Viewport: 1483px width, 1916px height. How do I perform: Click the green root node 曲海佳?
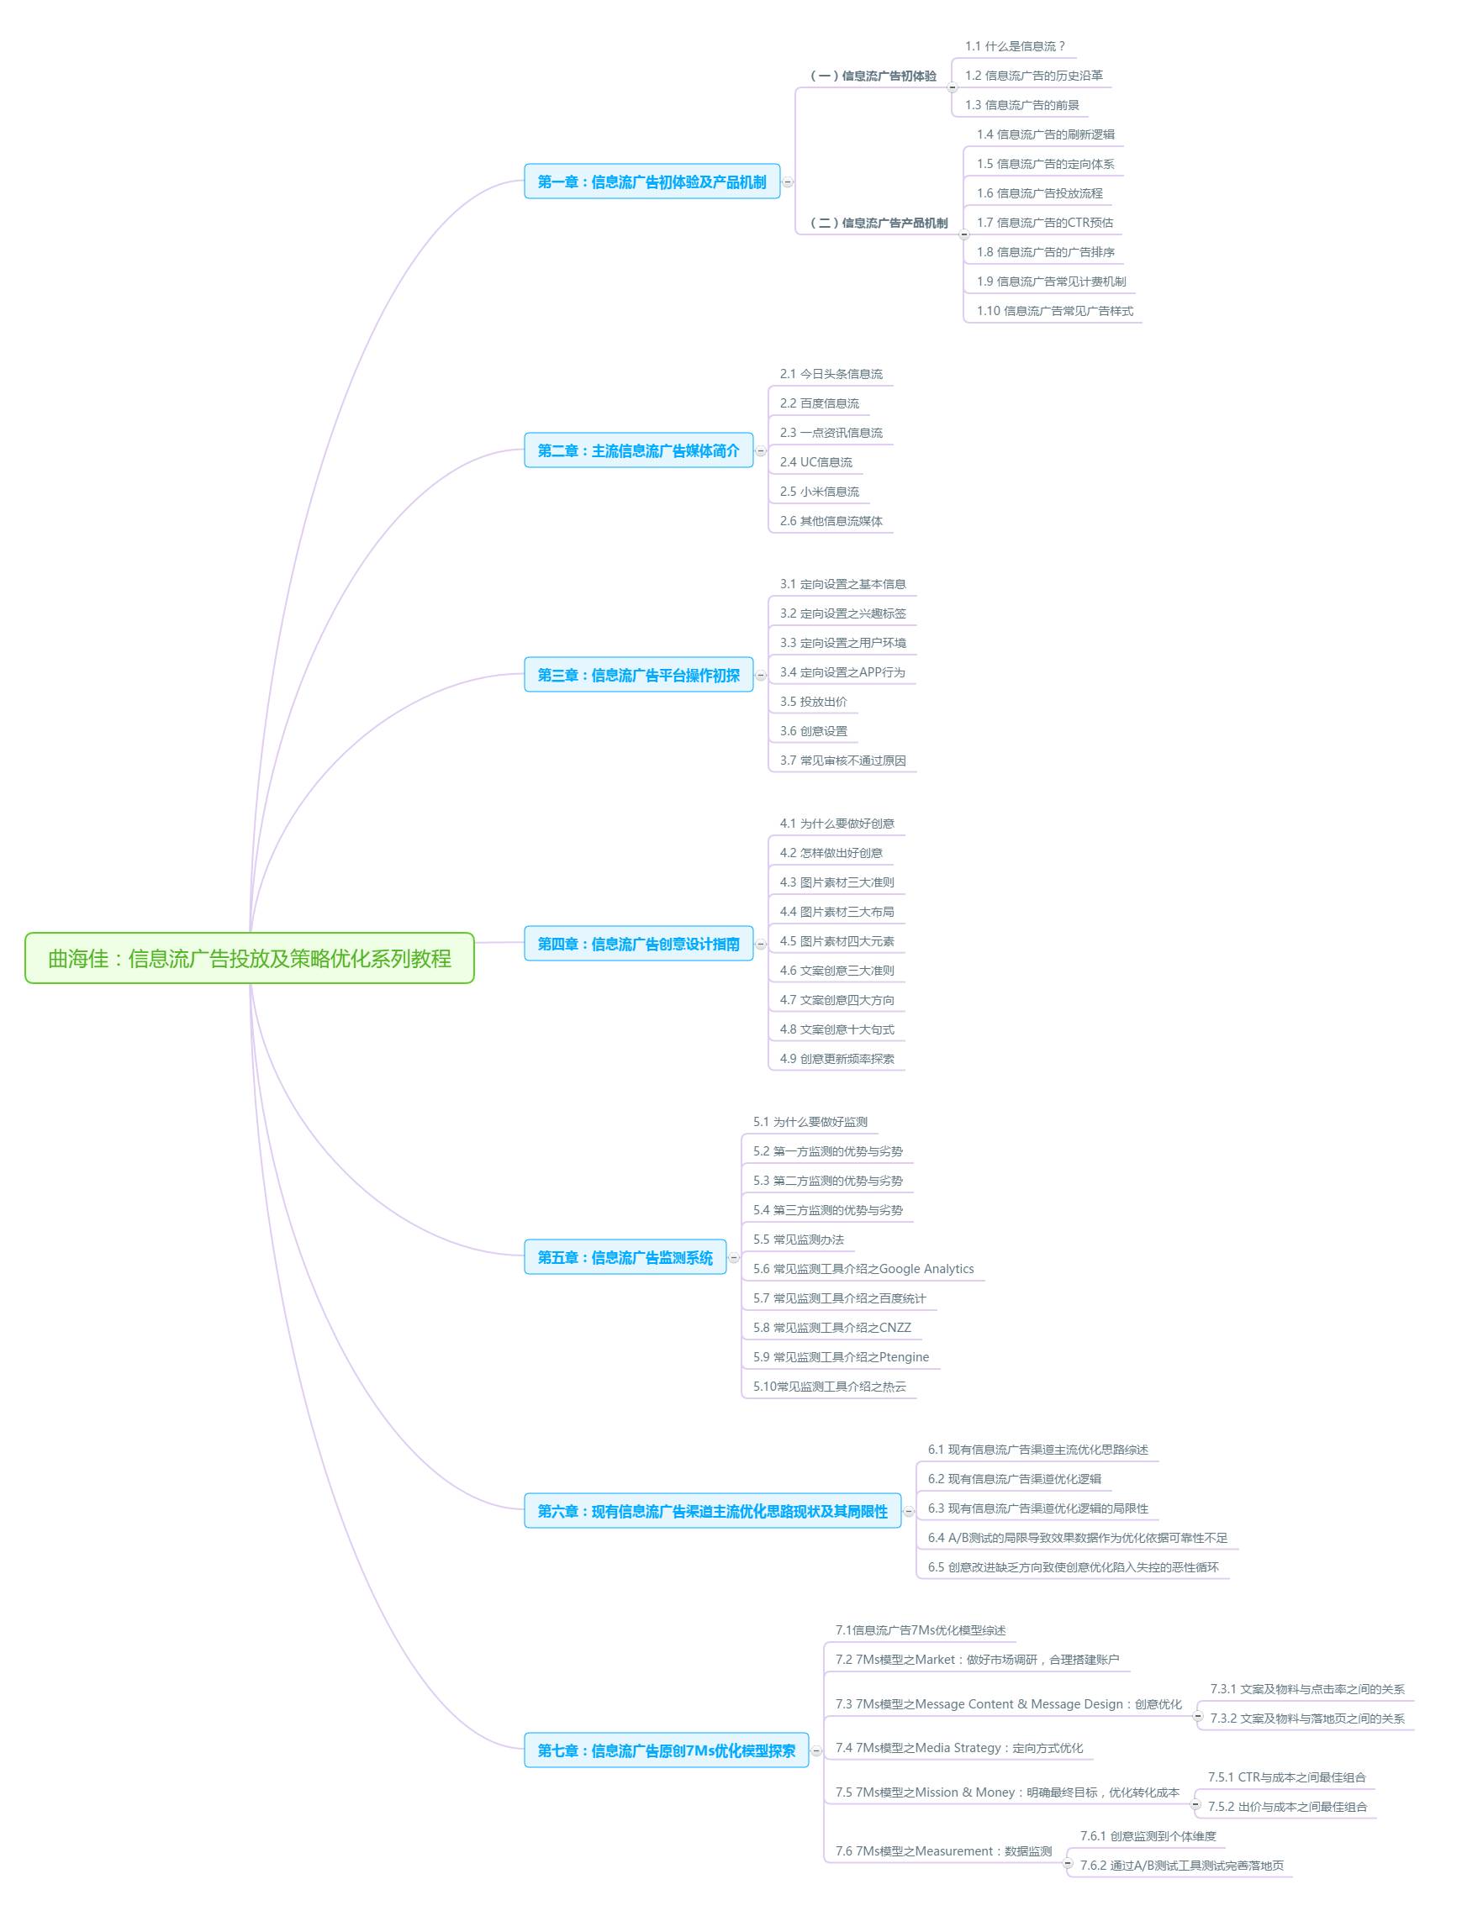tap(249, 958)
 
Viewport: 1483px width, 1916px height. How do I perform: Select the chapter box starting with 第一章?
tap(652, 182)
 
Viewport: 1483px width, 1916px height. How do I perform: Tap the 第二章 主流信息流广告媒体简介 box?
tap(639, 450)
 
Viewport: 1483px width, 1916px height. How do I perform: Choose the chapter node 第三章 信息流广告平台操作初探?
tap(639, 675)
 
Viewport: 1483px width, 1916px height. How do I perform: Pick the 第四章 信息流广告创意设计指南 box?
tap(639, 944)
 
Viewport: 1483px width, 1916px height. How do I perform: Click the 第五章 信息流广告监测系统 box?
tap(625, 1257)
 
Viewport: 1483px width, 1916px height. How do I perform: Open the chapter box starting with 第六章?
tap(713, 1511)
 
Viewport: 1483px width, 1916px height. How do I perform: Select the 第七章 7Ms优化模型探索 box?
tap(667, 1750)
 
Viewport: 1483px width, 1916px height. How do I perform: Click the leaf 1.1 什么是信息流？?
tap(1016, 46)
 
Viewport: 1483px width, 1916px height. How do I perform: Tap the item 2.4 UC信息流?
tap(816, 462)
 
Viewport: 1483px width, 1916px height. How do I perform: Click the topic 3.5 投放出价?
tap(814, 702)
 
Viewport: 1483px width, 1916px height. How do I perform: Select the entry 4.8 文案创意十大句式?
tap(837, 1029)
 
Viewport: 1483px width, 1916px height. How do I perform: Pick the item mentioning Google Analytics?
tap(863, 1269)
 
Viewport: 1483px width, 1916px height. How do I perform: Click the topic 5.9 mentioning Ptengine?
tap(841, 1357)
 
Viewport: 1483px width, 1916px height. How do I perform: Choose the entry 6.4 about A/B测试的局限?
tap(1078, 1538)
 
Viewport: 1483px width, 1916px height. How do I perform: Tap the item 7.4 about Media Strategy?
tap(959, 1748)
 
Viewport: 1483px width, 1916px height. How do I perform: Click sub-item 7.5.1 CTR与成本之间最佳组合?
tap(1286, 1777)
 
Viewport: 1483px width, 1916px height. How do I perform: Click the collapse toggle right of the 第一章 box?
tap(788, 182)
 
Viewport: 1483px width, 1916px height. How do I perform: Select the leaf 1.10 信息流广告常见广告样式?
tap(1055, 311)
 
